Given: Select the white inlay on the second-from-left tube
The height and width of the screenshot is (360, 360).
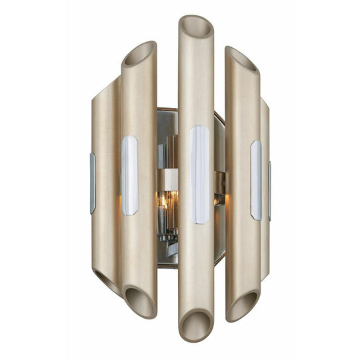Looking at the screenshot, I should click(129, 175).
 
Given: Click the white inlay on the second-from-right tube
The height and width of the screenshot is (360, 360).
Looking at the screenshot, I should click(256, 180).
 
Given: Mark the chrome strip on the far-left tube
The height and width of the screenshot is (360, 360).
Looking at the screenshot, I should click(93, 183).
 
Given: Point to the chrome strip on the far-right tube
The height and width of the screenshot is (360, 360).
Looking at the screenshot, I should click(269, 190).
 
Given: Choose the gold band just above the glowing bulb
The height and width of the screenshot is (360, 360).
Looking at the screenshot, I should click(167, 177).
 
